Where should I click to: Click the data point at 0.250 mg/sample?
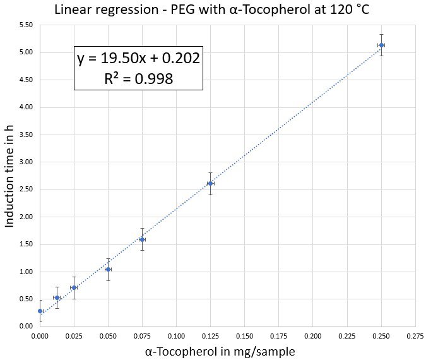[x=381, y=45]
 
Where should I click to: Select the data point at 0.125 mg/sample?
[x=210, y=183]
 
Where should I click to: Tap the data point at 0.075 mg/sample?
[x=142, y=239]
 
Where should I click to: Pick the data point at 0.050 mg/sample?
[x=108, y=270]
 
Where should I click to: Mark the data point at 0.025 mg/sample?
[x=74, y=287]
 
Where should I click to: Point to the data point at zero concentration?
[x=40, y=311]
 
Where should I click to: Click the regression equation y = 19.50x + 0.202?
[x=138, y=59]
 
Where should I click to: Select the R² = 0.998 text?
[x=138, y=78]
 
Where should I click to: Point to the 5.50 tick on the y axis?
[x=27, y=25]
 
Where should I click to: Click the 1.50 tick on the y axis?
[x=27, y=244]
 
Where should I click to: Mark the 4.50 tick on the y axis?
[x=27, y=80]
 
